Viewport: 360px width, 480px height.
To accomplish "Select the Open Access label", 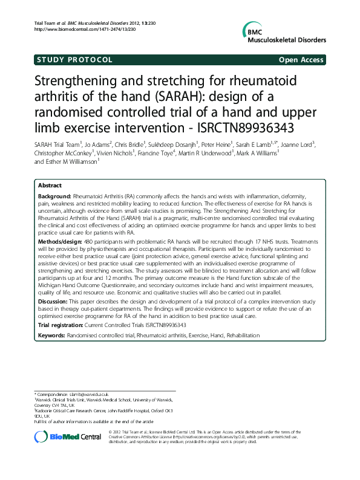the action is [301, 60].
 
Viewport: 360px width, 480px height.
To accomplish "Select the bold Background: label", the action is [54, 197].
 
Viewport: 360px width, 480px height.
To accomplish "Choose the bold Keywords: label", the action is [51, 334].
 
